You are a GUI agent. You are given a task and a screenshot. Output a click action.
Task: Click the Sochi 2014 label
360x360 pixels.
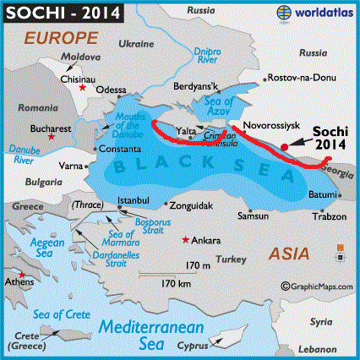coord(331,139)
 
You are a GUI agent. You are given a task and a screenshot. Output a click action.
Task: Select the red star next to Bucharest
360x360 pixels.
coord(52,136)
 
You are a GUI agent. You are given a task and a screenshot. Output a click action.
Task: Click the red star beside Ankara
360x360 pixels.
coord(184,240)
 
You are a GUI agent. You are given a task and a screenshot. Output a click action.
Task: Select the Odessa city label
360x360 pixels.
coord(111,89)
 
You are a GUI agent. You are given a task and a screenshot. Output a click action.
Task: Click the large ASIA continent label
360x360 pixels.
coord(287,252)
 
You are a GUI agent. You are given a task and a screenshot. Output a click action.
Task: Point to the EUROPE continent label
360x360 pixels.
coord(57,38)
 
